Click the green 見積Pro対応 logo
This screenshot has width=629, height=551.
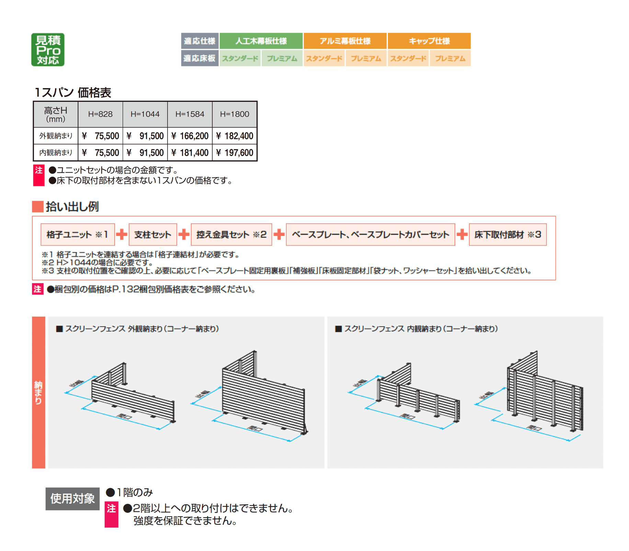48,49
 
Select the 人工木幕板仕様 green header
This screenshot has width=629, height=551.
261,41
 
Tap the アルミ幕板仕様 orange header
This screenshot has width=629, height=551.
345,41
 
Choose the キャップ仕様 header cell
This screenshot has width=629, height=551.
429,41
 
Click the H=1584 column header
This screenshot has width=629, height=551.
190,114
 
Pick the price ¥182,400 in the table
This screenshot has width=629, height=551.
235,136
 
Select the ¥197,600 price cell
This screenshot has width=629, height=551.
235,153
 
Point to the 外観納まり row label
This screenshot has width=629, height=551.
56,136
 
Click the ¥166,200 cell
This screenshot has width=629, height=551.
190,136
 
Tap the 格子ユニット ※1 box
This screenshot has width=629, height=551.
78,235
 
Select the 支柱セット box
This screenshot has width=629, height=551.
153,235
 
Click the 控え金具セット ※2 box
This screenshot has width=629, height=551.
231,235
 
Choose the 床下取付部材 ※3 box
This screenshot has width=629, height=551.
507,235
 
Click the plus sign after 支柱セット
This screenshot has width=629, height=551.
184,234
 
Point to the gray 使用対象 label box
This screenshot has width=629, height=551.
72,499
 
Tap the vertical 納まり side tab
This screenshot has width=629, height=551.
38,392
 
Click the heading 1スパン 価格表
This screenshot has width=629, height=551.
72,92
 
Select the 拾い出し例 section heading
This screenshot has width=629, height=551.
72,207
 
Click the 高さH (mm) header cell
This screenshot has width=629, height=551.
56,114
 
